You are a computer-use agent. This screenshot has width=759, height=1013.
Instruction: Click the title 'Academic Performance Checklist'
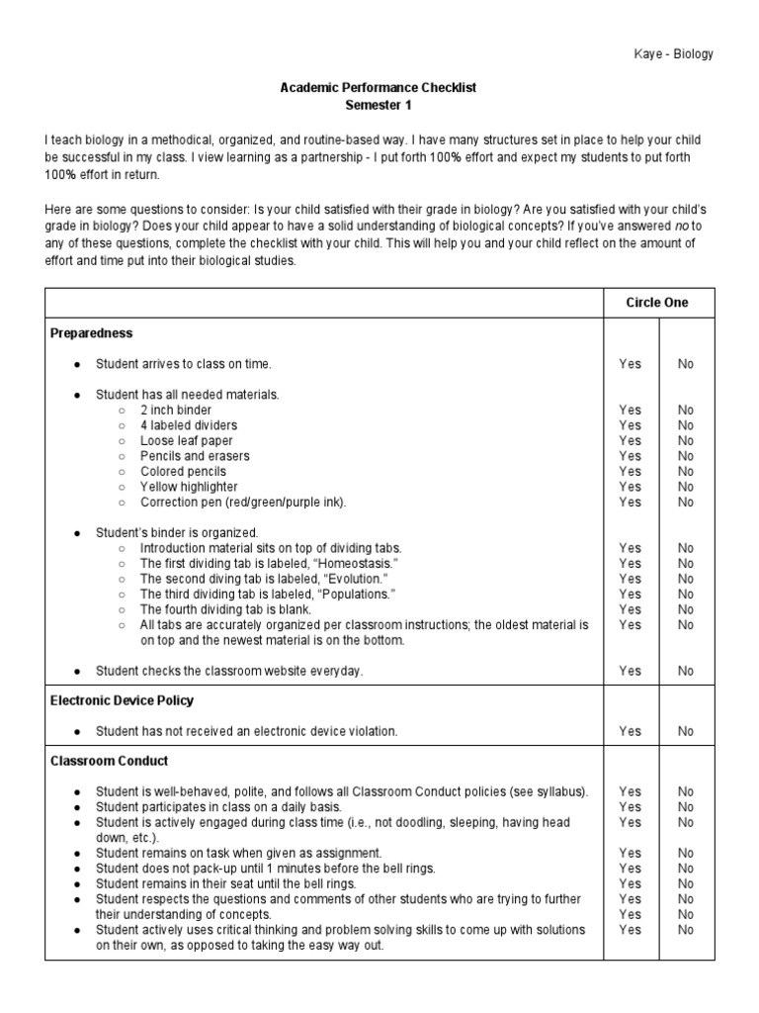click(x=379, y=88)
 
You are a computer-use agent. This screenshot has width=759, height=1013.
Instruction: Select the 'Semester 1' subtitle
click(x=379, y=104)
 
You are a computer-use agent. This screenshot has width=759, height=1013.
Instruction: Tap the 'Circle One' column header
click(x=657, y=303)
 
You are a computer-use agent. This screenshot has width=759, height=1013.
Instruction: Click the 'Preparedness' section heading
click(x=91, y=333)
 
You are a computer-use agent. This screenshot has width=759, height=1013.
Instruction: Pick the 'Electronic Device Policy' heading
click(x=122, y=700)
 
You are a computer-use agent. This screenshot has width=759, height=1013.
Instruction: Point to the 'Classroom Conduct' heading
click(x=109, y=761)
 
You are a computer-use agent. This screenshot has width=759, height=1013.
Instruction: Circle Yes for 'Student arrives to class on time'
click(x=630, y=364)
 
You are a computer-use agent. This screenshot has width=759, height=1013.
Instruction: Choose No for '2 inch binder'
click(x=686, y=410)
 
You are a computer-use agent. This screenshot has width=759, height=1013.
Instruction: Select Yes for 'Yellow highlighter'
click(x=630, y=487)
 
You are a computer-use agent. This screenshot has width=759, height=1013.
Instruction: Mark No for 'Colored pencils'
click(x=686, y=472)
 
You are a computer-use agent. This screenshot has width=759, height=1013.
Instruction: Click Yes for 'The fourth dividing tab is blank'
click(x=630, y=609)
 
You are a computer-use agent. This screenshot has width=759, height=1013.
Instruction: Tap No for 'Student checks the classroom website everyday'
click(x=686, y=671)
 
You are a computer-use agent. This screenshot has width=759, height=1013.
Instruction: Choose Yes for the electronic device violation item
click(x=630, y=731)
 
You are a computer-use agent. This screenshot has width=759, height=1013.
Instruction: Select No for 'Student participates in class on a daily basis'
click(x=686, y=807)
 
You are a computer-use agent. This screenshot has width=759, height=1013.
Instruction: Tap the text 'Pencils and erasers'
click(x=195, y=456)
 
